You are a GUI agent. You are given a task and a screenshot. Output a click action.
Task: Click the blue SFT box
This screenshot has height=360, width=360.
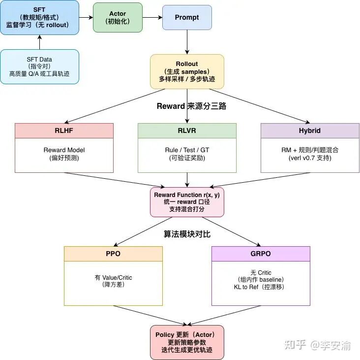(39, 17)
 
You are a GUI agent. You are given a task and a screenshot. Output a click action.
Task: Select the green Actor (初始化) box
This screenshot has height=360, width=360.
(118, 17)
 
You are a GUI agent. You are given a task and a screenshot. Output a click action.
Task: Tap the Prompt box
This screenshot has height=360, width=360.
(187, 17)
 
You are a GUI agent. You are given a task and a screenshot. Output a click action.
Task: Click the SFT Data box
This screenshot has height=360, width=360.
(39, 66)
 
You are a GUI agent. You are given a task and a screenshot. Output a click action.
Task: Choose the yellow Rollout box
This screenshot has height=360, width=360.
(187, 71)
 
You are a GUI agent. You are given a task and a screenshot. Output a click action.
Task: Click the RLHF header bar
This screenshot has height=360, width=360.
(64, 131)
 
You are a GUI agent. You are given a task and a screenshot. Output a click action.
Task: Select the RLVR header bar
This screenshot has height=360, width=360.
(187, 131)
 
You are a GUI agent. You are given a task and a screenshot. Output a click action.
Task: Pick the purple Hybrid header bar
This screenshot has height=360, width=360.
(310, 131)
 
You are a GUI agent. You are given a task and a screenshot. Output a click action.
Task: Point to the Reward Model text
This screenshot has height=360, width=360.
(64, 150)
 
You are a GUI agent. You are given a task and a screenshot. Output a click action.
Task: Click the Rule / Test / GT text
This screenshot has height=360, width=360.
(187, 150)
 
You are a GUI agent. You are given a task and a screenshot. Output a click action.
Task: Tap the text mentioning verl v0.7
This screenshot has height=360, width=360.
(310, 158)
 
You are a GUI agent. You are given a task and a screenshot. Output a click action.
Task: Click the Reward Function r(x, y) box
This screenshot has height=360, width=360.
(187, 202)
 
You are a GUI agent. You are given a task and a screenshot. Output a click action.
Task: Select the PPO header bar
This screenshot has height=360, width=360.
(113, 254)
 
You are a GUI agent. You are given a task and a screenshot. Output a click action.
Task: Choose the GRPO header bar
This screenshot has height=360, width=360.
(261, 254)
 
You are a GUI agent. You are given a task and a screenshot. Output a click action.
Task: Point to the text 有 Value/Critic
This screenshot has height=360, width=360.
(113, 278)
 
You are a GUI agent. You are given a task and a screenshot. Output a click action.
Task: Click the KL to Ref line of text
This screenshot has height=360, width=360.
(261, 287)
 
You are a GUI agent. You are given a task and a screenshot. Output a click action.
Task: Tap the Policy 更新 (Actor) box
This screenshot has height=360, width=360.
(187, 342)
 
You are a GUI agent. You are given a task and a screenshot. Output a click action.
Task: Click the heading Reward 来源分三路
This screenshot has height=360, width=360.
(191, 106)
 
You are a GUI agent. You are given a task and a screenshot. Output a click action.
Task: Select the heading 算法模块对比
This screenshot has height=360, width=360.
(187, 234)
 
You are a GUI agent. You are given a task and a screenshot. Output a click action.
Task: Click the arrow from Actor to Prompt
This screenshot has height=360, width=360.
(152, 17)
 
